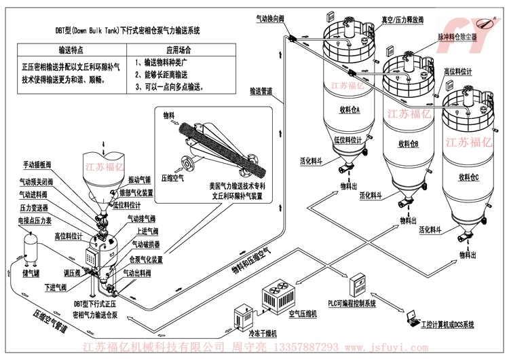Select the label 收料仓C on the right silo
[x=468, y=178]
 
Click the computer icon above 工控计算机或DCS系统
[x=412, y=317]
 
